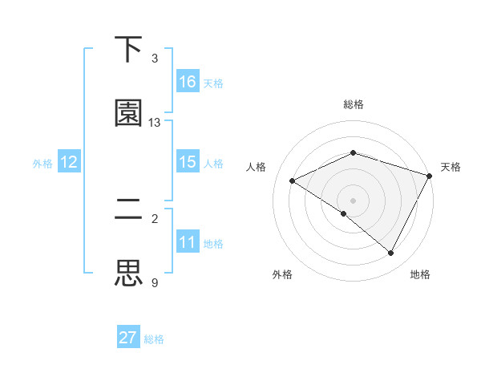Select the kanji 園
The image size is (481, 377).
(129, 113)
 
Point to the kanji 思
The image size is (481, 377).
(129, 273)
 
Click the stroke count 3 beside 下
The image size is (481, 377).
(155, 59)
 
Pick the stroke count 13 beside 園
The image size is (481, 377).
(155, 123)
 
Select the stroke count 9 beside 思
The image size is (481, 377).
(155, 282)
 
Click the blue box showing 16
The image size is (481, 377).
(188, 82)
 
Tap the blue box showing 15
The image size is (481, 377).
(188, 162)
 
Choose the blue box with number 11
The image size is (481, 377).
(188, 242)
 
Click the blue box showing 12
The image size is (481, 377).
(69, 163)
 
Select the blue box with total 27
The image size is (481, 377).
(128, 338)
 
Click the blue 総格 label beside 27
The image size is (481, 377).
(155, 339)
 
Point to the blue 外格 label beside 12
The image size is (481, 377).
(42, 164)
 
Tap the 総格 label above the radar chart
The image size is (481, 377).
(354, 104)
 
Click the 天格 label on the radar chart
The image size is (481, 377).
(451, 167)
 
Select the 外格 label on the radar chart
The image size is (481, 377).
(282, 274)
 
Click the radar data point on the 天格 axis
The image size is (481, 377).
(430, 176)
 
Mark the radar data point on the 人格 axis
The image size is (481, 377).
(293, 181)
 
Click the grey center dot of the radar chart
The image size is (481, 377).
(354, 200)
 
